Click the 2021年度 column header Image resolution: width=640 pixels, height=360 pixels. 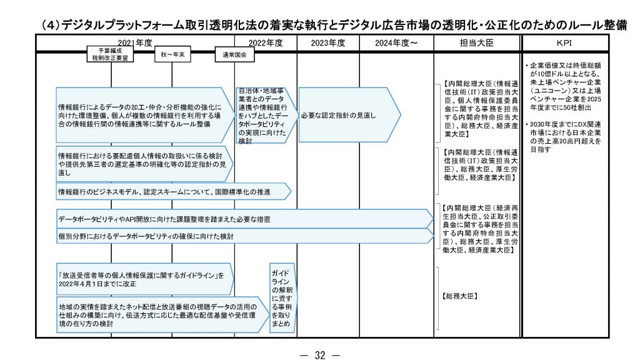coord(134,42)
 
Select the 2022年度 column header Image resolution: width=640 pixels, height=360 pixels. coord(266,42)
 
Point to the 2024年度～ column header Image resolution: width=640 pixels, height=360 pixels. coord(396,42)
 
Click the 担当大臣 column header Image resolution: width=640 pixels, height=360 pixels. coord(476,42)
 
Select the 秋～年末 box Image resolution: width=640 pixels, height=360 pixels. coord(173,54)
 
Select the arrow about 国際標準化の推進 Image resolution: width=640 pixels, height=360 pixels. coord(169,191)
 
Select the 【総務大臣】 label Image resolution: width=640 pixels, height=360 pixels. coord(459,295)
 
